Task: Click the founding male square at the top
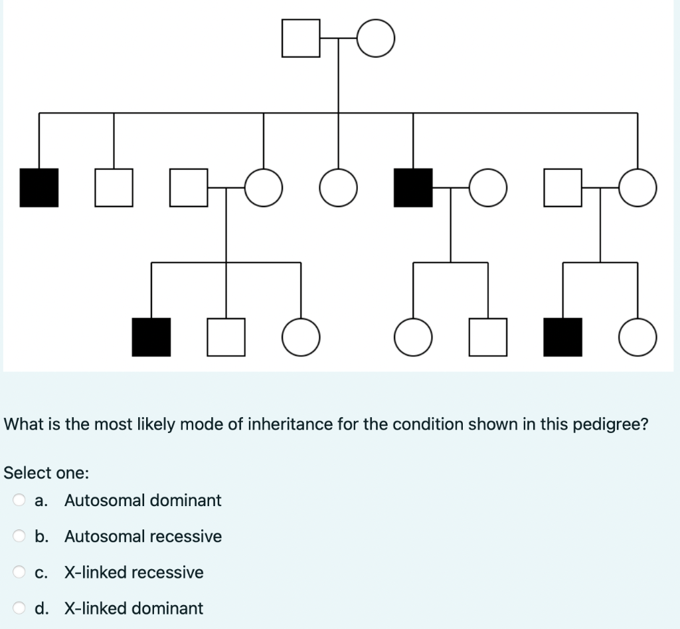pos(301,39)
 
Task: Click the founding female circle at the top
pos(377,39)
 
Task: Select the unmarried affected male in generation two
pos(39,188)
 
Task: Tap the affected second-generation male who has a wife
pos(413,188)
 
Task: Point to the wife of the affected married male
pos(488,188)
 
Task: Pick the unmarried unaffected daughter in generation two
pos(339,188)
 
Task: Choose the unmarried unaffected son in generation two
pos(114,188)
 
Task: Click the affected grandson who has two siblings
pos(151,337)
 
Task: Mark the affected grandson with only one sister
pos(563,337)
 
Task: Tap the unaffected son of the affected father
pos(488,337)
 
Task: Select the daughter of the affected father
pos(413,337)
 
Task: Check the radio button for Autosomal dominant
pos(20,500)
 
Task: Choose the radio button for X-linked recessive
pos(20,573)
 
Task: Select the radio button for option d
pos(20,608)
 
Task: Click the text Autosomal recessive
pos(143,537)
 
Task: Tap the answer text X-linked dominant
pos(133,608)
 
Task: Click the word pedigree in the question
pos(614,424)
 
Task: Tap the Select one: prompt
pos(46,473)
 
